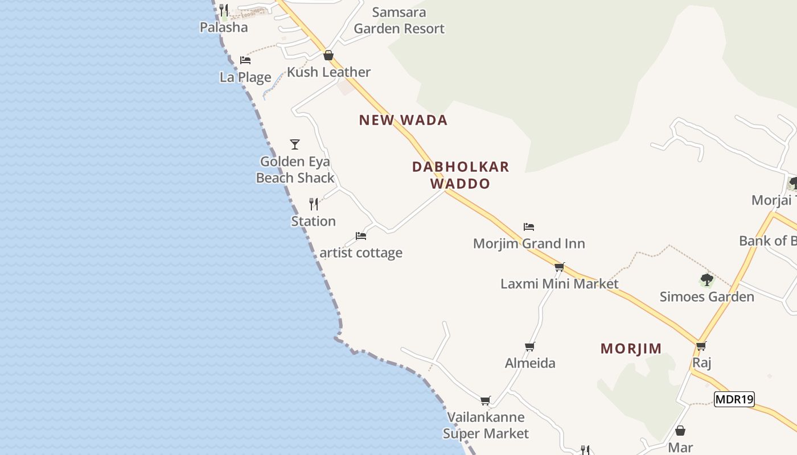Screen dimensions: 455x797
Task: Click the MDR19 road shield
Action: (734, 399)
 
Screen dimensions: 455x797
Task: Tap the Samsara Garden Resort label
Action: (399, 20)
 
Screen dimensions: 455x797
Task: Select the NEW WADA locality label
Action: (403, 120)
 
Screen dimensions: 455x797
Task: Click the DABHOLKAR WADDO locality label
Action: (461, 175)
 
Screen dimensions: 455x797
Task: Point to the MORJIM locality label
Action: (631, 349)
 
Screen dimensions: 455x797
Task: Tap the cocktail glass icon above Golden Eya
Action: (295, 144)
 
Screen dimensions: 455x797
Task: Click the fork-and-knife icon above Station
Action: (314, 204)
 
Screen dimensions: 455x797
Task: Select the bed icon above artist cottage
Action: (360, 235)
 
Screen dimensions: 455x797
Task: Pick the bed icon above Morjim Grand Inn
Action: (529, 226)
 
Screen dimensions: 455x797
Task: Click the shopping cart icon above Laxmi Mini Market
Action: (559, 266)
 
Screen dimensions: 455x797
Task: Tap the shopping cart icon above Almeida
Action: (530, 346)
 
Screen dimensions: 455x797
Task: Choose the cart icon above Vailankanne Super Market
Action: (485, 400)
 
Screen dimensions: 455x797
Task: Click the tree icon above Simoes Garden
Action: (706, 280)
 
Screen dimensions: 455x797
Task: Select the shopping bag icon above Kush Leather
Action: (328, 55)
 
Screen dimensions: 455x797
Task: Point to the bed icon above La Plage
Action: (245, 60)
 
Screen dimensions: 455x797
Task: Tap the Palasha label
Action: (224, 27)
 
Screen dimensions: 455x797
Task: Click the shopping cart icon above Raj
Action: (701, 345)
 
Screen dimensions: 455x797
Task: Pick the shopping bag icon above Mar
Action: (680, 431)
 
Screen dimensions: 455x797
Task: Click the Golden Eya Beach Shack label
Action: (295, 169)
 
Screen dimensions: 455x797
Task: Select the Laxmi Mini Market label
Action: (559, 283)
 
